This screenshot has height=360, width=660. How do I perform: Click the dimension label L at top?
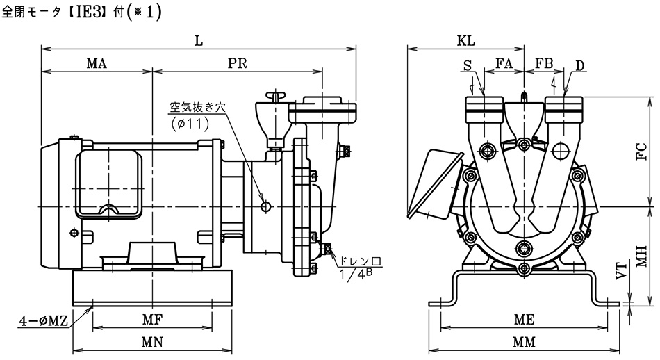coord(199,40)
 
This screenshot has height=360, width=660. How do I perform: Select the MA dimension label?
coord(97,63)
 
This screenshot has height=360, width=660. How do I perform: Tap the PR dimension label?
coord(238,63)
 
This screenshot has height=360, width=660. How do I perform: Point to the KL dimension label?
coord(465,41)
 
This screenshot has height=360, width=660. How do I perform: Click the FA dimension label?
coord(504,63)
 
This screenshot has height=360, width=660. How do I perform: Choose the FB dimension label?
coord(544,63)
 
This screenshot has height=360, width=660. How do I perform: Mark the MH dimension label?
coord(641,256)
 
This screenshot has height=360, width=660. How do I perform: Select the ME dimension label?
coord(524,320)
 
